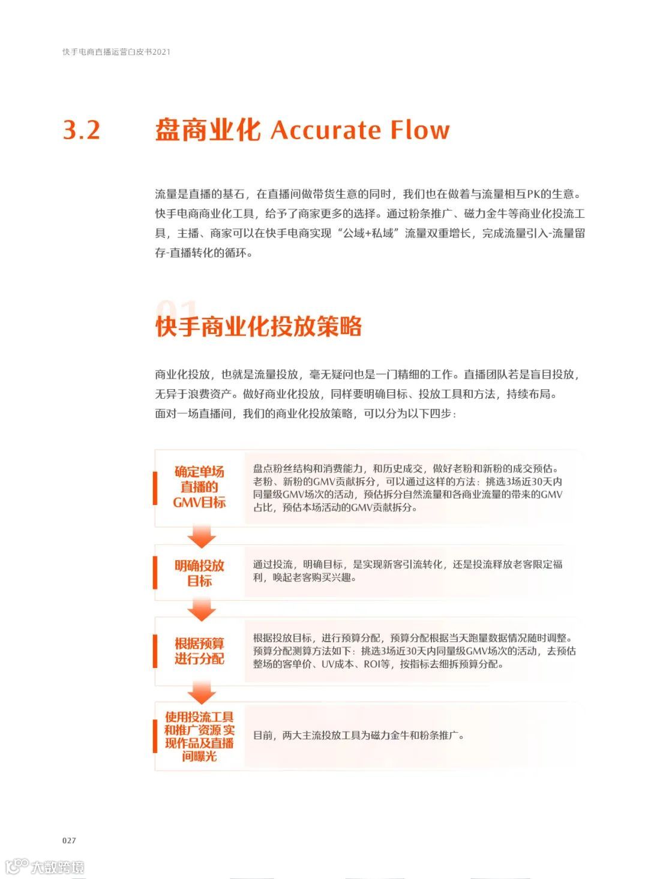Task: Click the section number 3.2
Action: pyautogui.click(x=82, y=130)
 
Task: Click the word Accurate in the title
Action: pyautogui.click(x=326, y=130)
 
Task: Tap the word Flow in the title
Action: pyautogui.click(x=420, y=130)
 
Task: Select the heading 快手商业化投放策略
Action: pyautogui.click(x=259, y=327)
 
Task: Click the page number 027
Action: pyautogui.click(x=69, y=840)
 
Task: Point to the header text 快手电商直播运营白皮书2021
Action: pyautogui.click(x=116, y=52)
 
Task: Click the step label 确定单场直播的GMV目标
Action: pyautogui.click(x=199, y=487)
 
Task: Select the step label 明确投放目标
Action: pyautogui.click(x=199, y=573)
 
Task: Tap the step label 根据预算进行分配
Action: pyautogui.click(x=199, y=651)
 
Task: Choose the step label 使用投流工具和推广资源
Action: pyautogui.click(x=199, y=736)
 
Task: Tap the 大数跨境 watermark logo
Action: pyautogui.click(x=45, y=866)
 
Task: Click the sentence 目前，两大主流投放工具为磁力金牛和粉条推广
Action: pyautogui.click(x=359, y=736)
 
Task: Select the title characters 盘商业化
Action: pyautogui.click(x=208, y=130)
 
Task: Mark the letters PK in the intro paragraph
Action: pyautogui.click(x=533, y=194)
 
